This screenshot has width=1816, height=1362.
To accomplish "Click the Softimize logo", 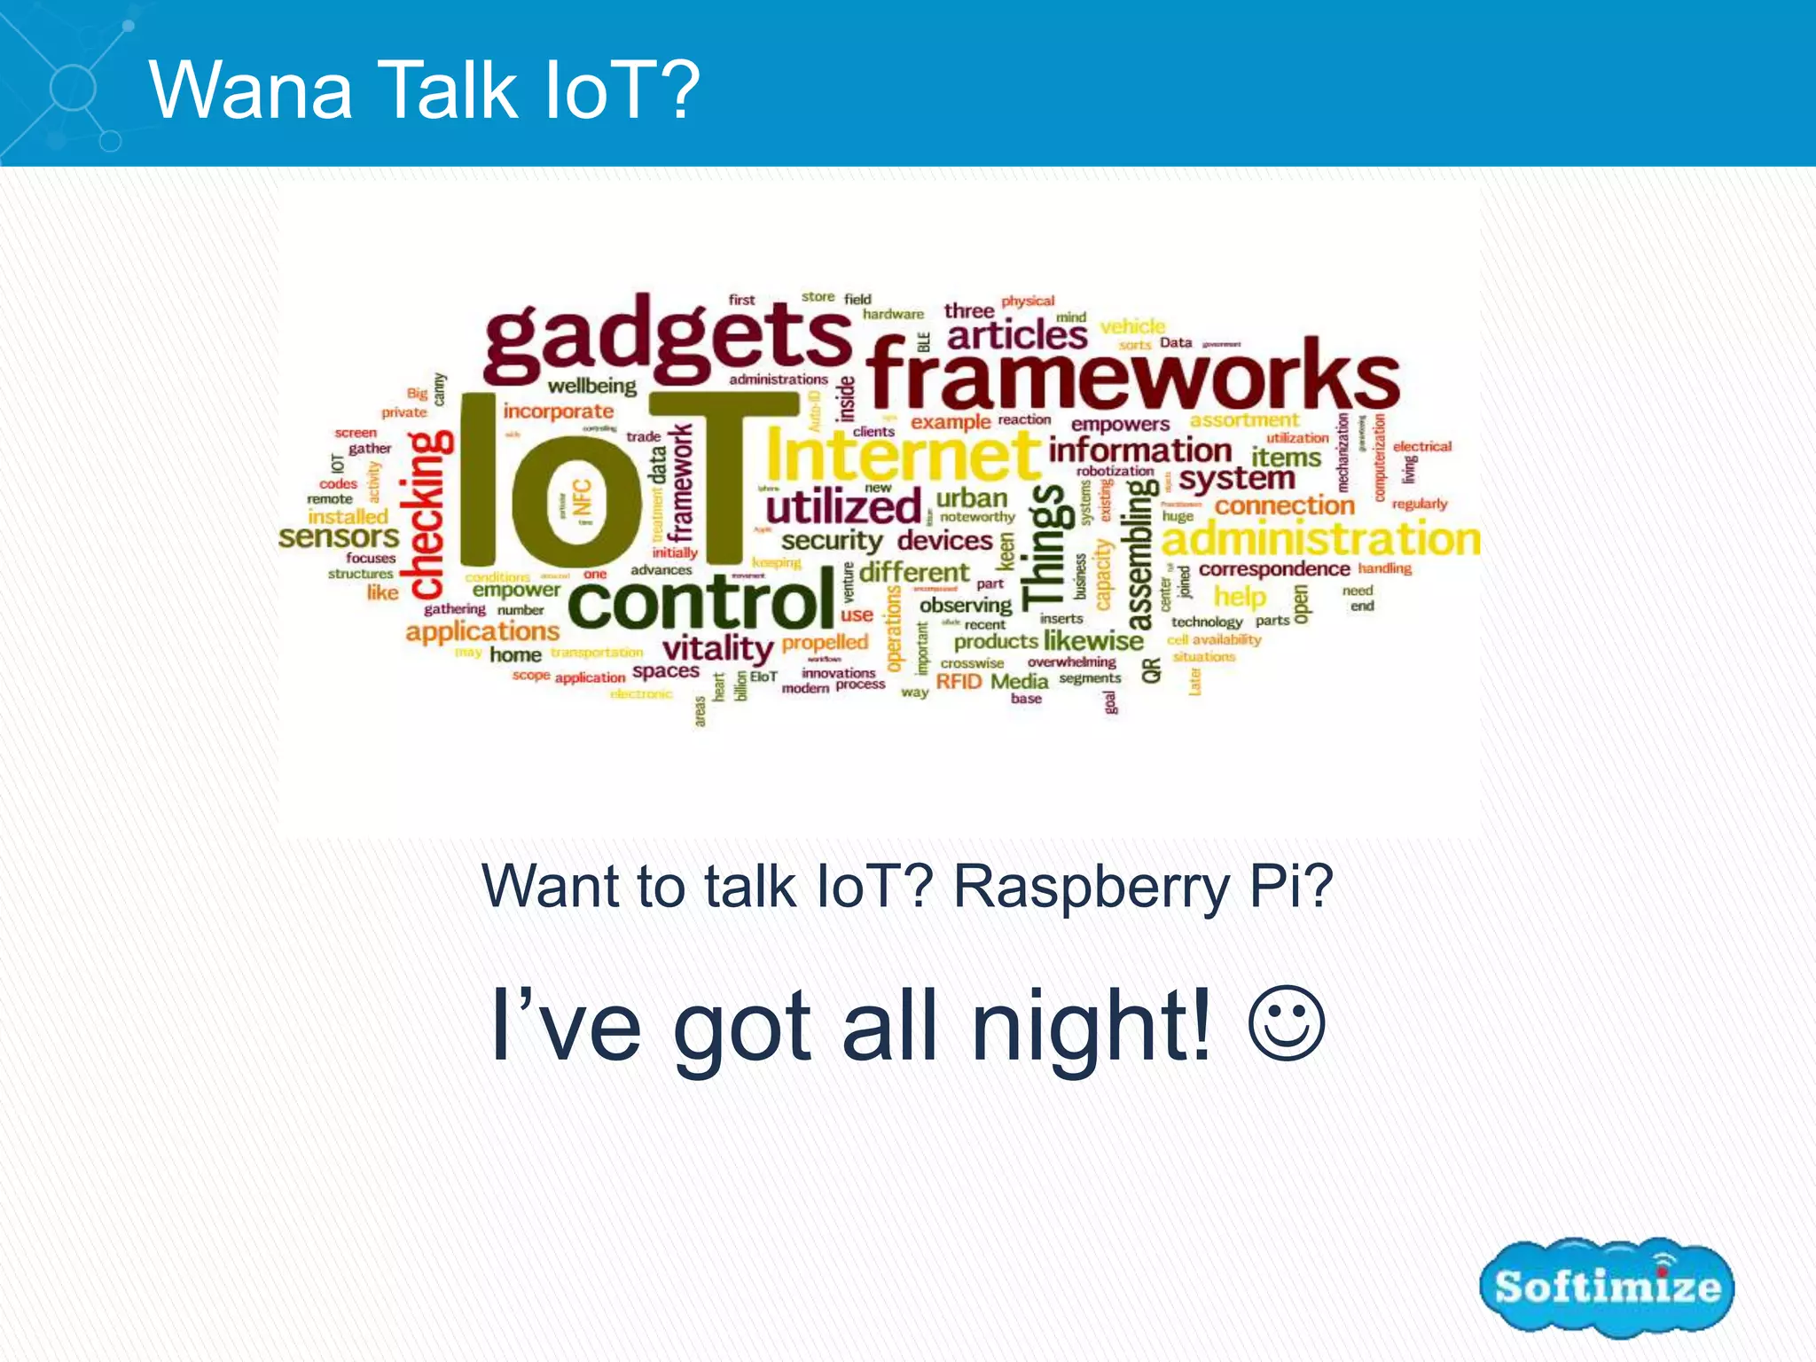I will [x=1606, y=1287].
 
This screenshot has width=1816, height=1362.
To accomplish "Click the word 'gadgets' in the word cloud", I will [x=667, y=337].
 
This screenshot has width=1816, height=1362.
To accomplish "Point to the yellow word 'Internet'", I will [x=902, y=455].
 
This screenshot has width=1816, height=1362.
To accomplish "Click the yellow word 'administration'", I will [x=1320, y=539].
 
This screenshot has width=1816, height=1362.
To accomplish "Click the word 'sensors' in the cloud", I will [x=339, y=537].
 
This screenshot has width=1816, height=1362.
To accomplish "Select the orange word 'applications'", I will [x=482, y=632].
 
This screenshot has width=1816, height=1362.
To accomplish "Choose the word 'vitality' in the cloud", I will [x=718, y=648].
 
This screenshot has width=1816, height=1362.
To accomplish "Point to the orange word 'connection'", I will [x=1284, y=505].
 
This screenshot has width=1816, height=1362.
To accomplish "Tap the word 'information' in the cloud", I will [x=1139, y=450].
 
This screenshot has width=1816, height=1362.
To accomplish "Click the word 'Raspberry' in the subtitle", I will [x=1092, y=887].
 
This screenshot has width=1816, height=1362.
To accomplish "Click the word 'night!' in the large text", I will [x=1092, y=1027].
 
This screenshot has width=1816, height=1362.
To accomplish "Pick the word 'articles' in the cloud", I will [x=1017, y=336].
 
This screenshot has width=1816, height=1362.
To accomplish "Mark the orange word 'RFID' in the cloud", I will [x=959, y=681].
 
